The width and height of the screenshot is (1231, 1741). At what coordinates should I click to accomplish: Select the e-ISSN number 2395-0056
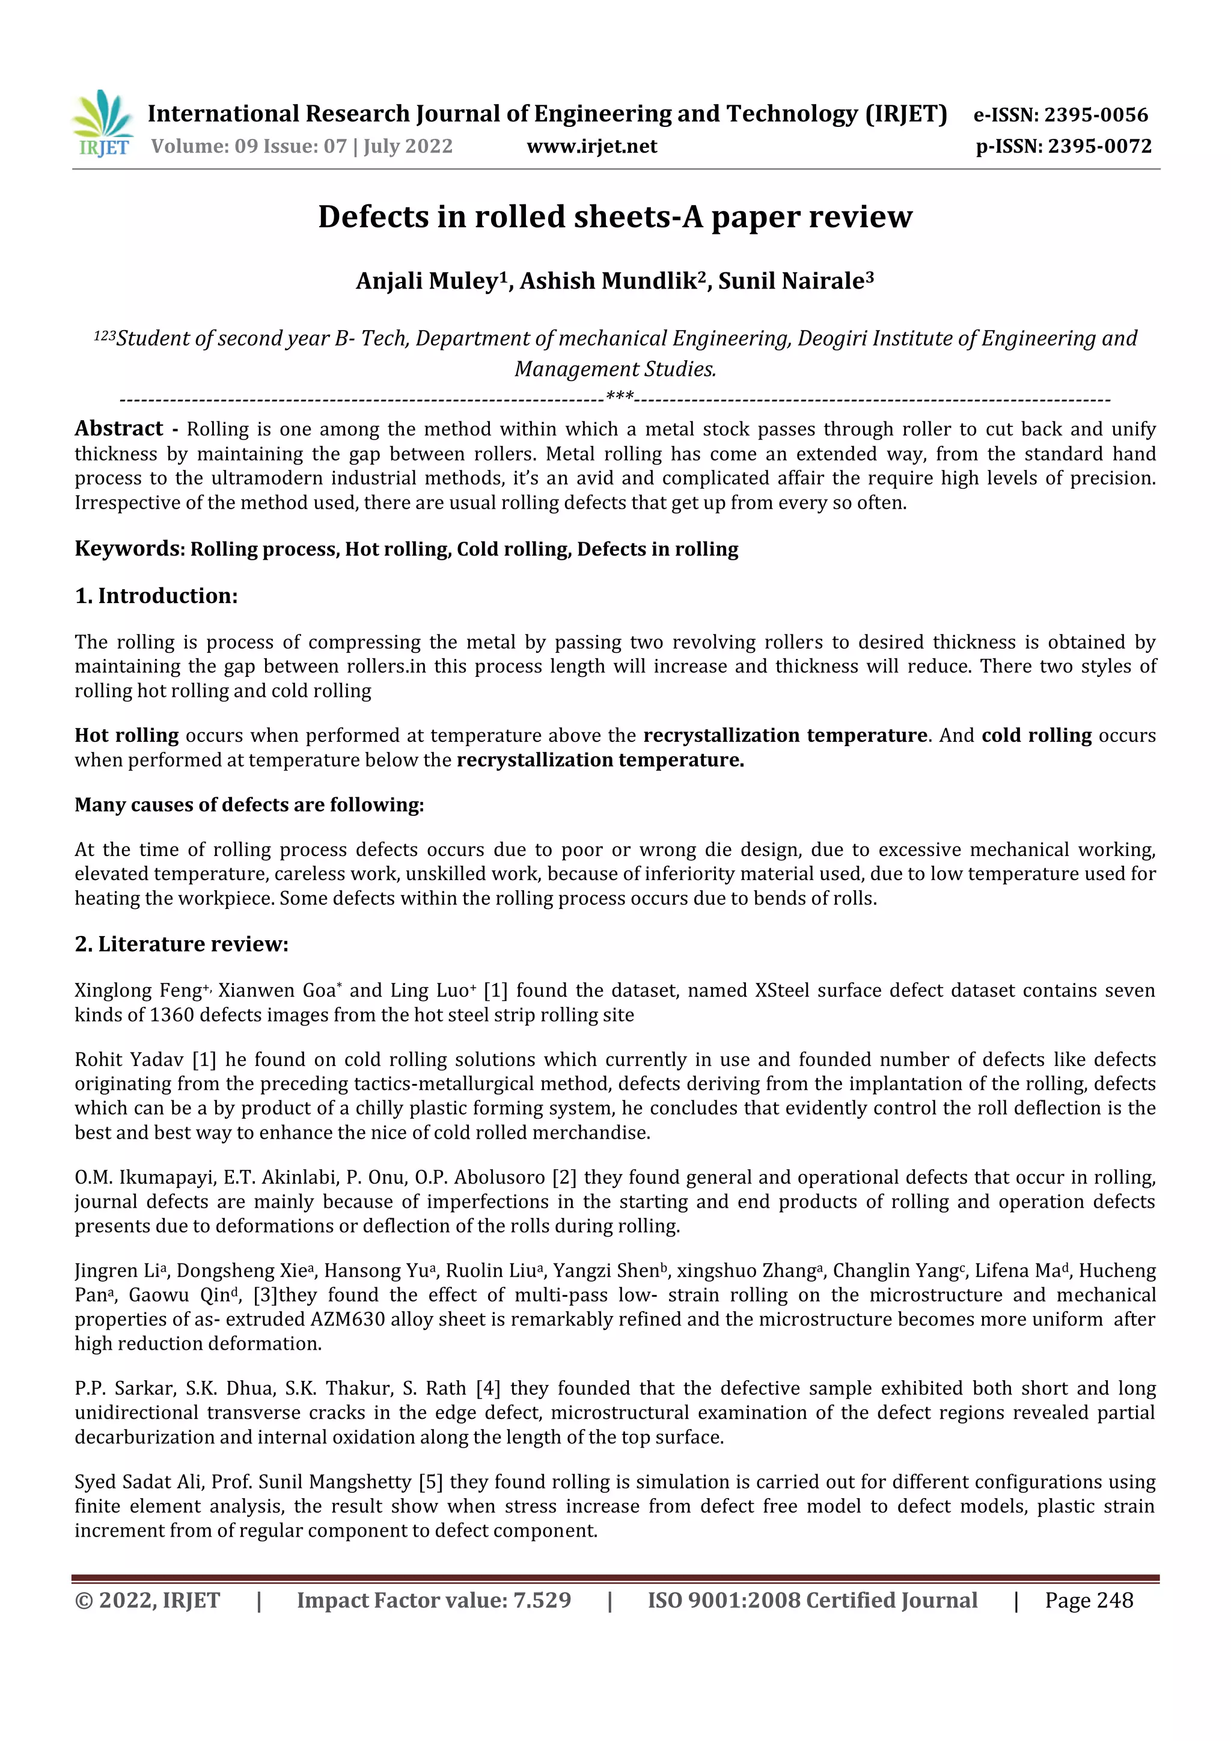click(1096, 115)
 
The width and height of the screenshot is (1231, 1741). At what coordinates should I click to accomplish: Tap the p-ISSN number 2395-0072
click(1099, 146)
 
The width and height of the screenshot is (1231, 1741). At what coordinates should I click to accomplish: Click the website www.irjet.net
click(591, 146)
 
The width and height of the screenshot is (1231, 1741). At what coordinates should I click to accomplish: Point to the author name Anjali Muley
click(427, 281)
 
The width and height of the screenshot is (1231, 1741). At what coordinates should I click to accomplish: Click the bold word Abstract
click(118, 429)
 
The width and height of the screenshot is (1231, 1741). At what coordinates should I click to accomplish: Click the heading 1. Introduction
click(156, 596)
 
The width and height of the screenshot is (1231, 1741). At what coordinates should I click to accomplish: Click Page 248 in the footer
click(1089, 1601)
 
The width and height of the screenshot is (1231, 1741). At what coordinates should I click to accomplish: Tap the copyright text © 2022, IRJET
click(147, 1601)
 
